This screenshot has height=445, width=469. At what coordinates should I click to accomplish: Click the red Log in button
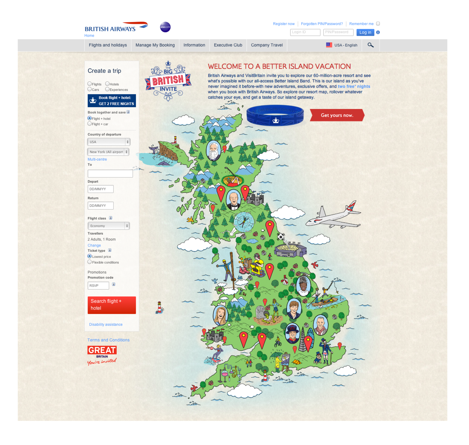pos(365,32)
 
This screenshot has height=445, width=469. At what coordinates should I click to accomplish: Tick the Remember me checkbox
pos(378,24)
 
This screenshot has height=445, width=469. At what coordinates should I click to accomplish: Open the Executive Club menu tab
pos(228,45)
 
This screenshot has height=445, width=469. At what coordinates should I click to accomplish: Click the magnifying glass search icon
pos(371,45)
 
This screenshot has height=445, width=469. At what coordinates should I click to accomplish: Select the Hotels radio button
pos(107,84)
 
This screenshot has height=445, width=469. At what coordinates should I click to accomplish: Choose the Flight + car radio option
pos(90,124)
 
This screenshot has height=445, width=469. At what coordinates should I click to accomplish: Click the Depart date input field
pos(100,189)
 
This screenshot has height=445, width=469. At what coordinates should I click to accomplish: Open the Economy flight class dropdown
pos(108,226)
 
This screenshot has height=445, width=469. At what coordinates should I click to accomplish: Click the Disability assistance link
pos(106,324)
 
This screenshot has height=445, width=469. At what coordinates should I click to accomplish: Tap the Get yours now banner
pos(337,115)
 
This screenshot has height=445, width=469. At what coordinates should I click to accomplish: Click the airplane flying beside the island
pos(333,216)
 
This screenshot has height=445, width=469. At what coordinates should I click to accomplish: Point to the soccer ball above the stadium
pos(281,236)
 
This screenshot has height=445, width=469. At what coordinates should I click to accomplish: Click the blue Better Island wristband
pos(275,115)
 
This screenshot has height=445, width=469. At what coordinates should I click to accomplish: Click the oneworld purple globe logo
pos(165,27)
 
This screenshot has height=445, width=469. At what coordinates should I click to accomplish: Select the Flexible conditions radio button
pos(90,262)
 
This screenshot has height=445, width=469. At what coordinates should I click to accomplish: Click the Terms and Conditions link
pos(108,340)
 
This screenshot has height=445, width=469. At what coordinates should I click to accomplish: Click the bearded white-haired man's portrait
pos(214,151)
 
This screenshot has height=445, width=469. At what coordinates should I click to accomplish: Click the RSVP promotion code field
pos(98,286)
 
